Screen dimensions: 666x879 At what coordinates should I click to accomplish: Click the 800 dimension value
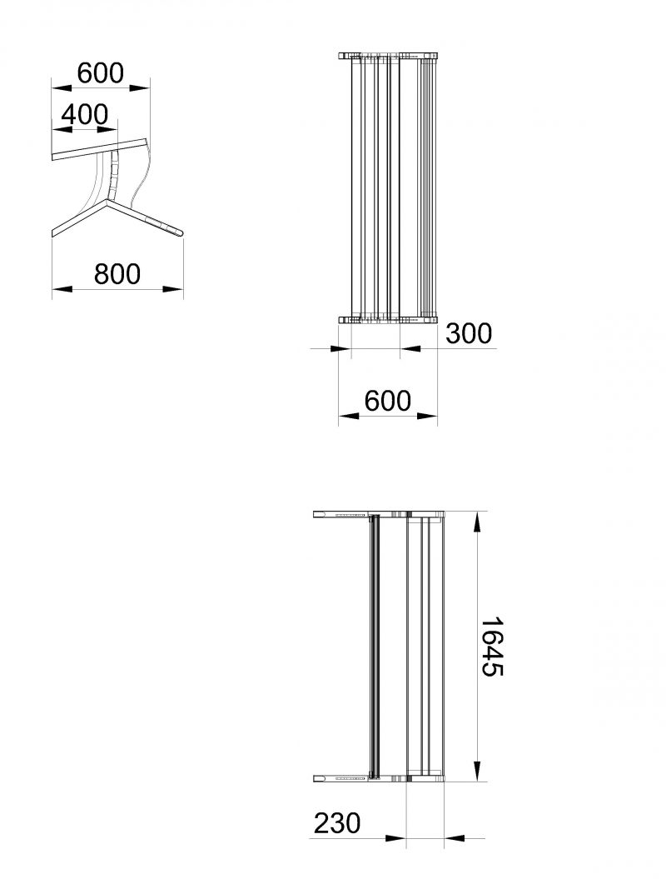click(x=117, y=273)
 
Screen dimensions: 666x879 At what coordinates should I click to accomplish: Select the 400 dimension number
click(x=85, y=114)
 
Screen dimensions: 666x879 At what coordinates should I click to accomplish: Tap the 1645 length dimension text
click(x=492, y=647)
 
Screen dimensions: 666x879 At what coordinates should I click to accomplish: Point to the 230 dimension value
click(x=337, y=823)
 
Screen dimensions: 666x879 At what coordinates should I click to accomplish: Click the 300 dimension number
click(x=469, y=333)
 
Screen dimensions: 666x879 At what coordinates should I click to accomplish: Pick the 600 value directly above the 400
click(x=100, y=72)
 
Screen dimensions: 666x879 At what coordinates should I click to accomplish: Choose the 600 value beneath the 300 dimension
click(x=388, y=401)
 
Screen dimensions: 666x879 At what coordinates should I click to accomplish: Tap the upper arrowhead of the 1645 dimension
click(x=477, y=522)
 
